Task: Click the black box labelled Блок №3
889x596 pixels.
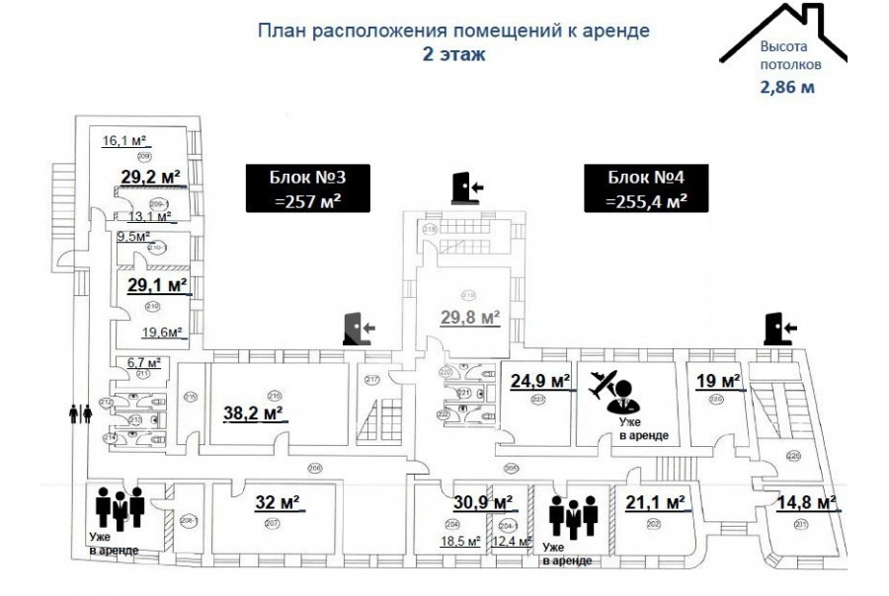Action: [x=306, y=188]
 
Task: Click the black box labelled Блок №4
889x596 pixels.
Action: [x=647, y=188]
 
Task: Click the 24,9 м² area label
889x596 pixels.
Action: [x=540, y=380]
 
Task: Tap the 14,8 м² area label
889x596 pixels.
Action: [x=806, y=501]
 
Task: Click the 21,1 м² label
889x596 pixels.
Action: [x=655, y=501]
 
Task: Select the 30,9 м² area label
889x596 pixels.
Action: [x=482, y=501]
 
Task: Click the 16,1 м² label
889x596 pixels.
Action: [x=124, y=141]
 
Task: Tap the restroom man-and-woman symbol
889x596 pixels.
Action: [x=80, y=413]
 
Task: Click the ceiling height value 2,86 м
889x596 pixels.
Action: [x=786, y=87]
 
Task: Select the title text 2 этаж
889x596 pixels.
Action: [x=452, y=53]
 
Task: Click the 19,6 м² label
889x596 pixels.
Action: [x=163, y=333]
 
